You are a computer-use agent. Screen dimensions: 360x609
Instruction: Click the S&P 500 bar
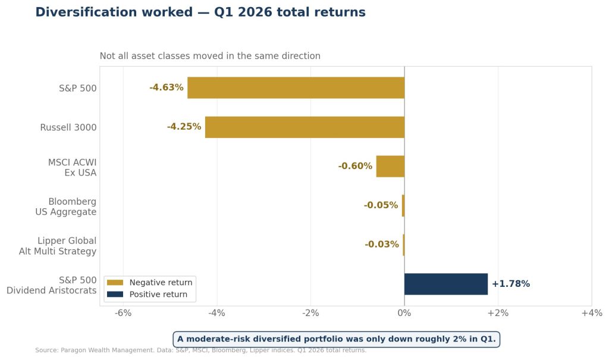pos(296,88)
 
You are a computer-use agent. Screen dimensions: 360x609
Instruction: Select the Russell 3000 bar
pos(304,127)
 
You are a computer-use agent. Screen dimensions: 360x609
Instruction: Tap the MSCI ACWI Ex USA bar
pos(390,166)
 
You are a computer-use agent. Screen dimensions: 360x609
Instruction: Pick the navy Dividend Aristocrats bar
pos(445,284)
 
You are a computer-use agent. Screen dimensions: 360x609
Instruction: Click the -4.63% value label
pos(166,87)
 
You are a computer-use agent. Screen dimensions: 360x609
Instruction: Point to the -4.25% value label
pos(184,127)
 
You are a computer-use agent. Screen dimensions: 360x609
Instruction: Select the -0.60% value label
pos(355,166)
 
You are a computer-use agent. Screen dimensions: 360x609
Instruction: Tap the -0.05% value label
pos(381,205)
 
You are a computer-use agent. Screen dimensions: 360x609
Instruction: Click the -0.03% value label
pos(381,245)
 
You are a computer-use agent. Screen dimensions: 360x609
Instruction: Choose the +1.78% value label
pos(510,284)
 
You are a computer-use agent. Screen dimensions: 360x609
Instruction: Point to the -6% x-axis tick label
pos(123,314)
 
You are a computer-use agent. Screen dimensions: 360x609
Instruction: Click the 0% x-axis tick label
pos(404,314)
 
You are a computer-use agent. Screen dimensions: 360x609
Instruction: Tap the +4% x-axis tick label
pos(591,314)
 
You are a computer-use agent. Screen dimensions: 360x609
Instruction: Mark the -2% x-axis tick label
pos(310,314)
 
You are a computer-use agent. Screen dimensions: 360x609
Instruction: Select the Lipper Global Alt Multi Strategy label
pos(58,246)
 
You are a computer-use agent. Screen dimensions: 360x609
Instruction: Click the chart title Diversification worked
pos(200,12)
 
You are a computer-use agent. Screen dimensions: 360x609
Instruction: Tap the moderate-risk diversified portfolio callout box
pos(336,339)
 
